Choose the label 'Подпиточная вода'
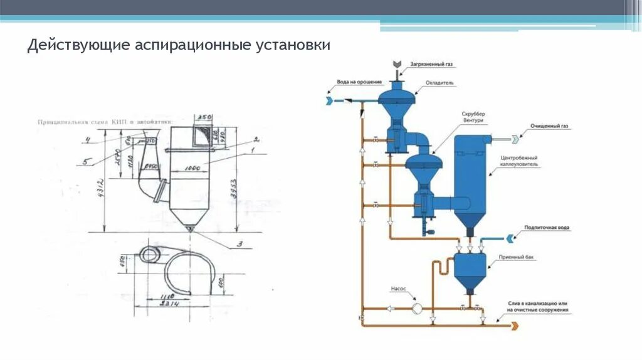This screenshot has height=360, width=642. coord(547,228)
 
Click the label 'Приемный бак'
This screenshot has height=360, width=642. coord(515,258)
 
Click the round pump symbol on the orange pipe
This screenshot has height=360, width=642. coord(416,308)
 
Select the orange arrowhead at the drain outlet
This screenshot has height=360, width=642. coord(515,325)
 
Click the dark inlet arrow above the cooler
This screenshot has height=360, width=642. coord(397,65)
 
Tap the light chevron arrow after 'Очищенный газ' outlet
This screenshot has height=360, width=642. coord(515,139)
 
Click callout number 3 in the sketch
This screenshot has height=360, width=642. coord(238,244)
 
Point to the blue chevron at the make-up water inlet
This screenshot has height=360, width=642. coord(510,237)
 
